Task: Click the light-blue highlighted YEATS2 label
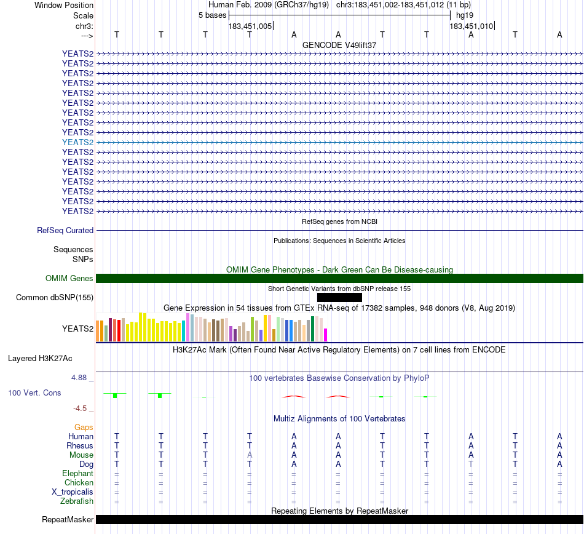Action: click(77, 142)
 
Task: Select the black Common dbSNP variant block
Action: click(339, 298)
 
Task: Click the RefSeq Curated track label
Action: click(65, 231)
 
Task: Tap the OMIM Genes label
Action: click(69, 279)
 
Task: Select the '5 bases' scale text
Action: click(212, 15)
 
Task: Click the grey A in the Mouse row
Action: click(250, 455)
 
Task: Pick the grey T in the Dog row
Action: click(471, 464)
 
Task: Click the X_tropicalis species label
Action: click(73, 492)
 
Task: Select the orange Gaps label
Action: click(84, 427)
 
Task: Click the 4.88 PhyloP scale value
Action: click(83, 378)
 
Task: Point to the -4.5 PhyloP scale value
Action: click(85, 408)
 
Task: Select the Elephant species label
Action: click(77, 474)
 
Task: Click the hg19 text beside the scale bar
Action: click(465, 15)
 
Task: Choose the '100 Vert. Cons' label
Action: click(34, 393)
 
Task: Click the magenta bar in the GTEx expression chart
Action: click(325, 335)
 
